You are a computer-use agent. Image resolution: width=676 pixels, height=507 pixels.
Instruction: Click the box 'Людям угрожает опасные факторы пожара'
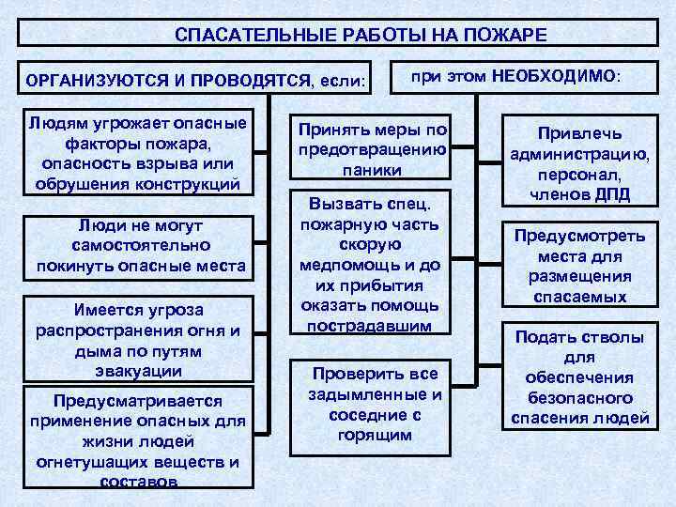tap(138, 154)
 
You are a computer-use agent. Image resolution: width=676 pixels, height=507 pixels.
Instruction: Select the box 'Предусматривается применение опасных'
tap(138, 437)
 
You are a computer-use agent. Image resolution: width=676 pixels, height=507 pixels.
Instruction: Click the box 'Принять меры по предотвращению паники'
tap(370, 149)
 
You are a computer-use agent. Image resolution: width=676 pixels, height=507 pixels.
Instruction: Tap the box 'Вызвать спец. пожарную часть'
tap(368, 263)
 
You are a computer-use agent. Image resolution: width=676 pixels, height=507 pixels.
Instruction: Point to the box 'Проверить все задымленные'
tap(369, 403)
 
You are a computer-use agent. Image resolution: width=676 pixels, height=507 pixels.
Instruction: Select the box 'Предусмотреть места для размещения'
tap(578, 267)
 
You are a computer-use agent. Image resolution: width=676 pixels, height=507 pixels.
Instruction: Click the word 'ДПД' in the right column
tap(610, 195)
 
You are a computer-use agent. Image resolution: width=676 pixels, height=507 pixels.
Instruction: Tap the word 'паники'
tap(370, 170)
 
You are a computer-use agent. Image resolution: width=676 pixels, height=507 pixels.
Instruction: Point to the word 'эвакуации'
tap(138, 371)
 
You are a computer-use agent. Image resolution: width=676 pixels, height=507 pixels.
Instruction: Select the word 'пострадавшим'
tap(368, 325)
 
